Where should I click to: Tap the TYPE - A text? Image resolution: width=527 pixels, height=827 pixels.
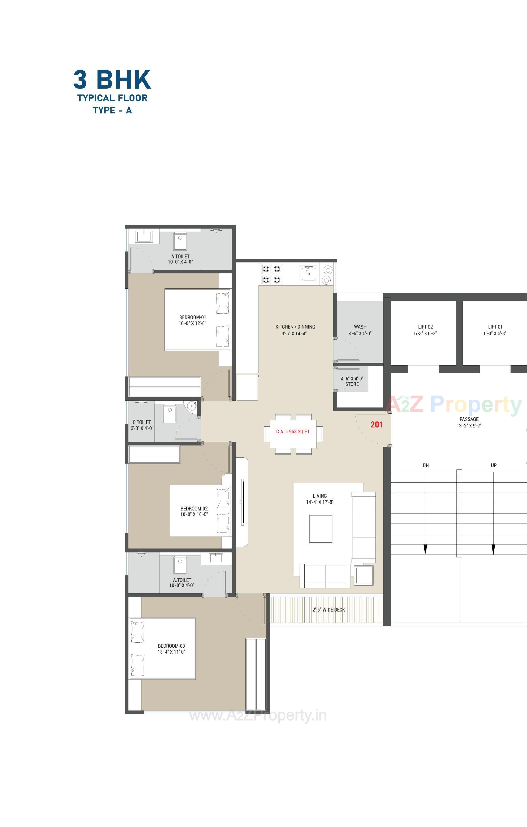point(112,110)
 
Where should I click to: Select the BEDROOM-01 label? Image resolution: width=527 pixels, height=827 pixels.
point(192,317)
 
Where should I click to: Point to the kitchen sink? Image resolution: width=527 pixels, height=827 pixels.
point(309,274)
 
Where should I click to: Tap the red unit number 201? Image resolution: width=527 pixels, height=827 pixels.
point(377,425)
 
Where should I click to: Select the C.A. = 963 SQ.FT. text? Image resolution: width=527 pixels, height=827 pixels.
point(293,431)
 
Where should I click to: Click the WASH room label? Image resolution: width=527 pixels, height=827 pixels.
point(360,327)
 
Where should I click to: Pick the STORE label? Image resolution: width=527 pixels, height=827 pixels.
point(352,384)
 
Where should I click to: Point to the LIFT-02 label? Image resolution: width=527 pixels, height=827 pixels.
point(425,327)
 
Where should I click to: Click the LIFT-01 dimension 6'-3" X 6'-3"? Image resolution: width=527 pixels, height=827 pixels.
point(495,333)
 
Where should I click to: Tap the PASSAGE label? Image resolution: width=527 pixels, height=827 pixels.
point(469,419)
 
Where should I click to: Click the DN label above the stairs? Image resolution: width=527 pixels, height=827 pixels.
point(426,465)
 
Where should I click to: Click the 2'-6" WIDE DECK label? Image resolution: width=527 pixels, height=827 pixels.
point(329,610)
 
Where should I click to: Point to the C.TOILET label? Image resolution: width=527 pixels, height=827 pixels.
point(142,422)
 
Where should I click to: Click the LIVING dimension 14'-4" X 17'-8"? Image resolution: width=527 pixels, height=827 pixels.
point(320,502)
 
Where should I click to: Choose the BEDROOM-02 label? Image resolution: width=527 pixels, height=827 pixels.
point(194,508)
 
